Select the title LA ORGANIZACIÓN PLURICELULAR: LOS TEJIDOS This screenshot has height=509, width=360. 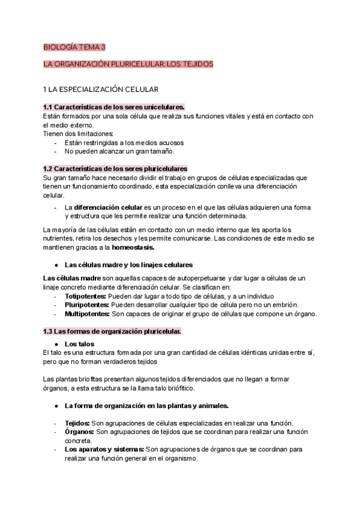pos(128,64)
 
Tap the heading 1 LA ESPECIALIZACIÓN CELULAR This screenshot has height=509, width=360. pos(101,89)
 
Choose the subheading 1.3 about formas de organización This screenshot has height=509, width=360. pos(112,331)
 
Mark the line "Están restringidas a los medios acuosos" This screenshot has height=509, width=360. pos(124,143)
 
